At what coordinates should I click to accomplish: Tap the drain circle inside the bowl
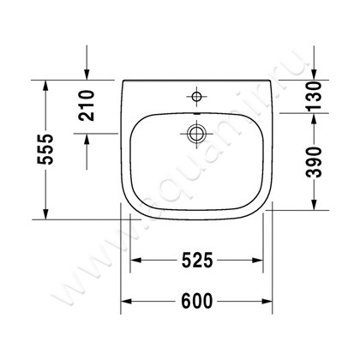click(x=195, y=133)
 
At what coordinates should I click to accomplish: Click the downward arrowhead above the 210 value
click(x=87, y=74)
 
